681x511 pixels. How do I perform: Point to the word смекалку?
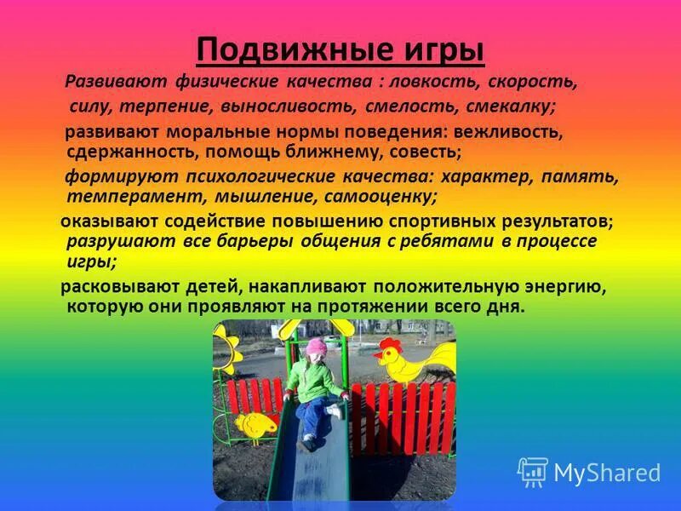coord(510,107)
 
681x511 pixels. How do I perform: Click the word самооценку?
coord(380,196)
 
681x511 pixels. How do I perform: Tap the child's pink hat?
coord(317,347)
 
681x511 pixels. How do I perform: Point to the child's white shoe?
coord(334,411)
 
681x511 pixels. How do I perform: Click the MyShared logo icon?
coord(533,472)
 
